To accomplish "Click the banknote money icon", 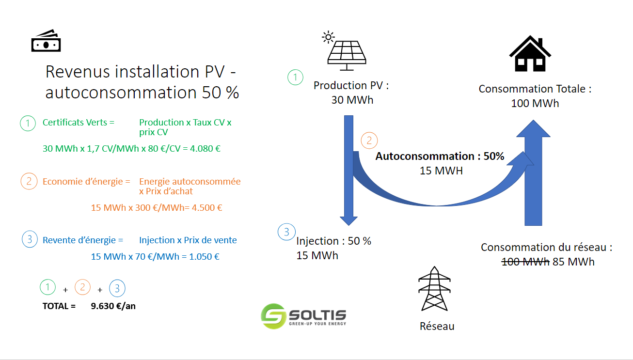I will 46,41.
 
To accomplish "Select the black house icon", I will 530,54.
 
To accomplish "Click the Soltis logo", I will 303,316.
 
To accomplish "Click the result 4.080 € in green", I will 206,148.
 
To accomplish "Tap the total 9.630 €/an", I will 113,306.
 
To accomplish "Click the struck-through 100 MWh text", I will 525,262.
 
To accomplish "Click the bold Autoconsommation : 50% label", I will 440,157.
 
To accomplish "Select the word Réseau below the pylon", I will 437,326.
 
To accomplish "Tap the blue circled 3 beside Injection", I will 286,232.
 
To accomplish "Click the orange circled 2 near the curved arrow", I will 369,141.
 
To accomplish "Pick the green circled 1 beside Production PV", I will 295,78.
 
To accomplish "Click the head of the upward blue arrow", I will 532,129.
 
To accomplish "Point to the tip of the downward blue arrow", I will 348,222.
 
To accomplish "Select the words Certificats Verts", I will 75,123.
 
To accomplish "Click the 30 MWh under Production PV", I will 352,100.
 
